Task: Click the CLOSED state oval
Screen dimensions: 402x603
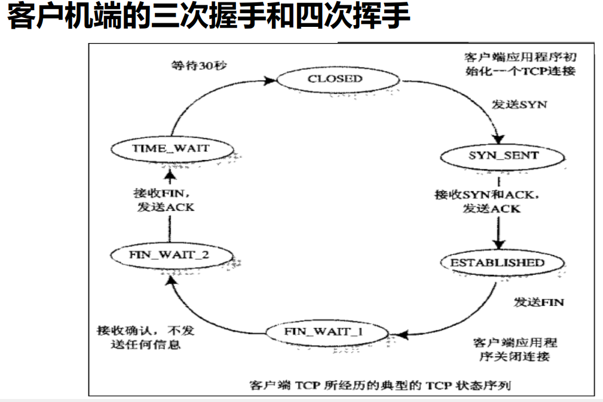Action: tap(335, 79)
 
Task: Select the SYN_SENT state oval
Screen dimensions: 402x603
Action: tap(503, 156)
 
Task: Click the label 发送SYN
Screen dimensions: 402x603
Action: tap(519, 104)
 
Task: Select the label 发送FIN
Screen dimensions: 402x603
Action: tap(538, 302)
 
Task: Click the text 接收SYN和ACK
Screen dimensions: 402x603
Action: tap(480, 195)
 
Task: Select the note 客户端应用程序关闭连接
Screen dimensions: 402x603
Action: tap(515, 350)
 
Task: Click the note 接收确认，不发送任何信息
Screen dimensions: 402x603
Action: tap(146, 337)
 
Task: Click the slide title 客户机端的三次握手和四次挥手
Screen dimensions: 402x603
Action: tap(209, 18)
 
